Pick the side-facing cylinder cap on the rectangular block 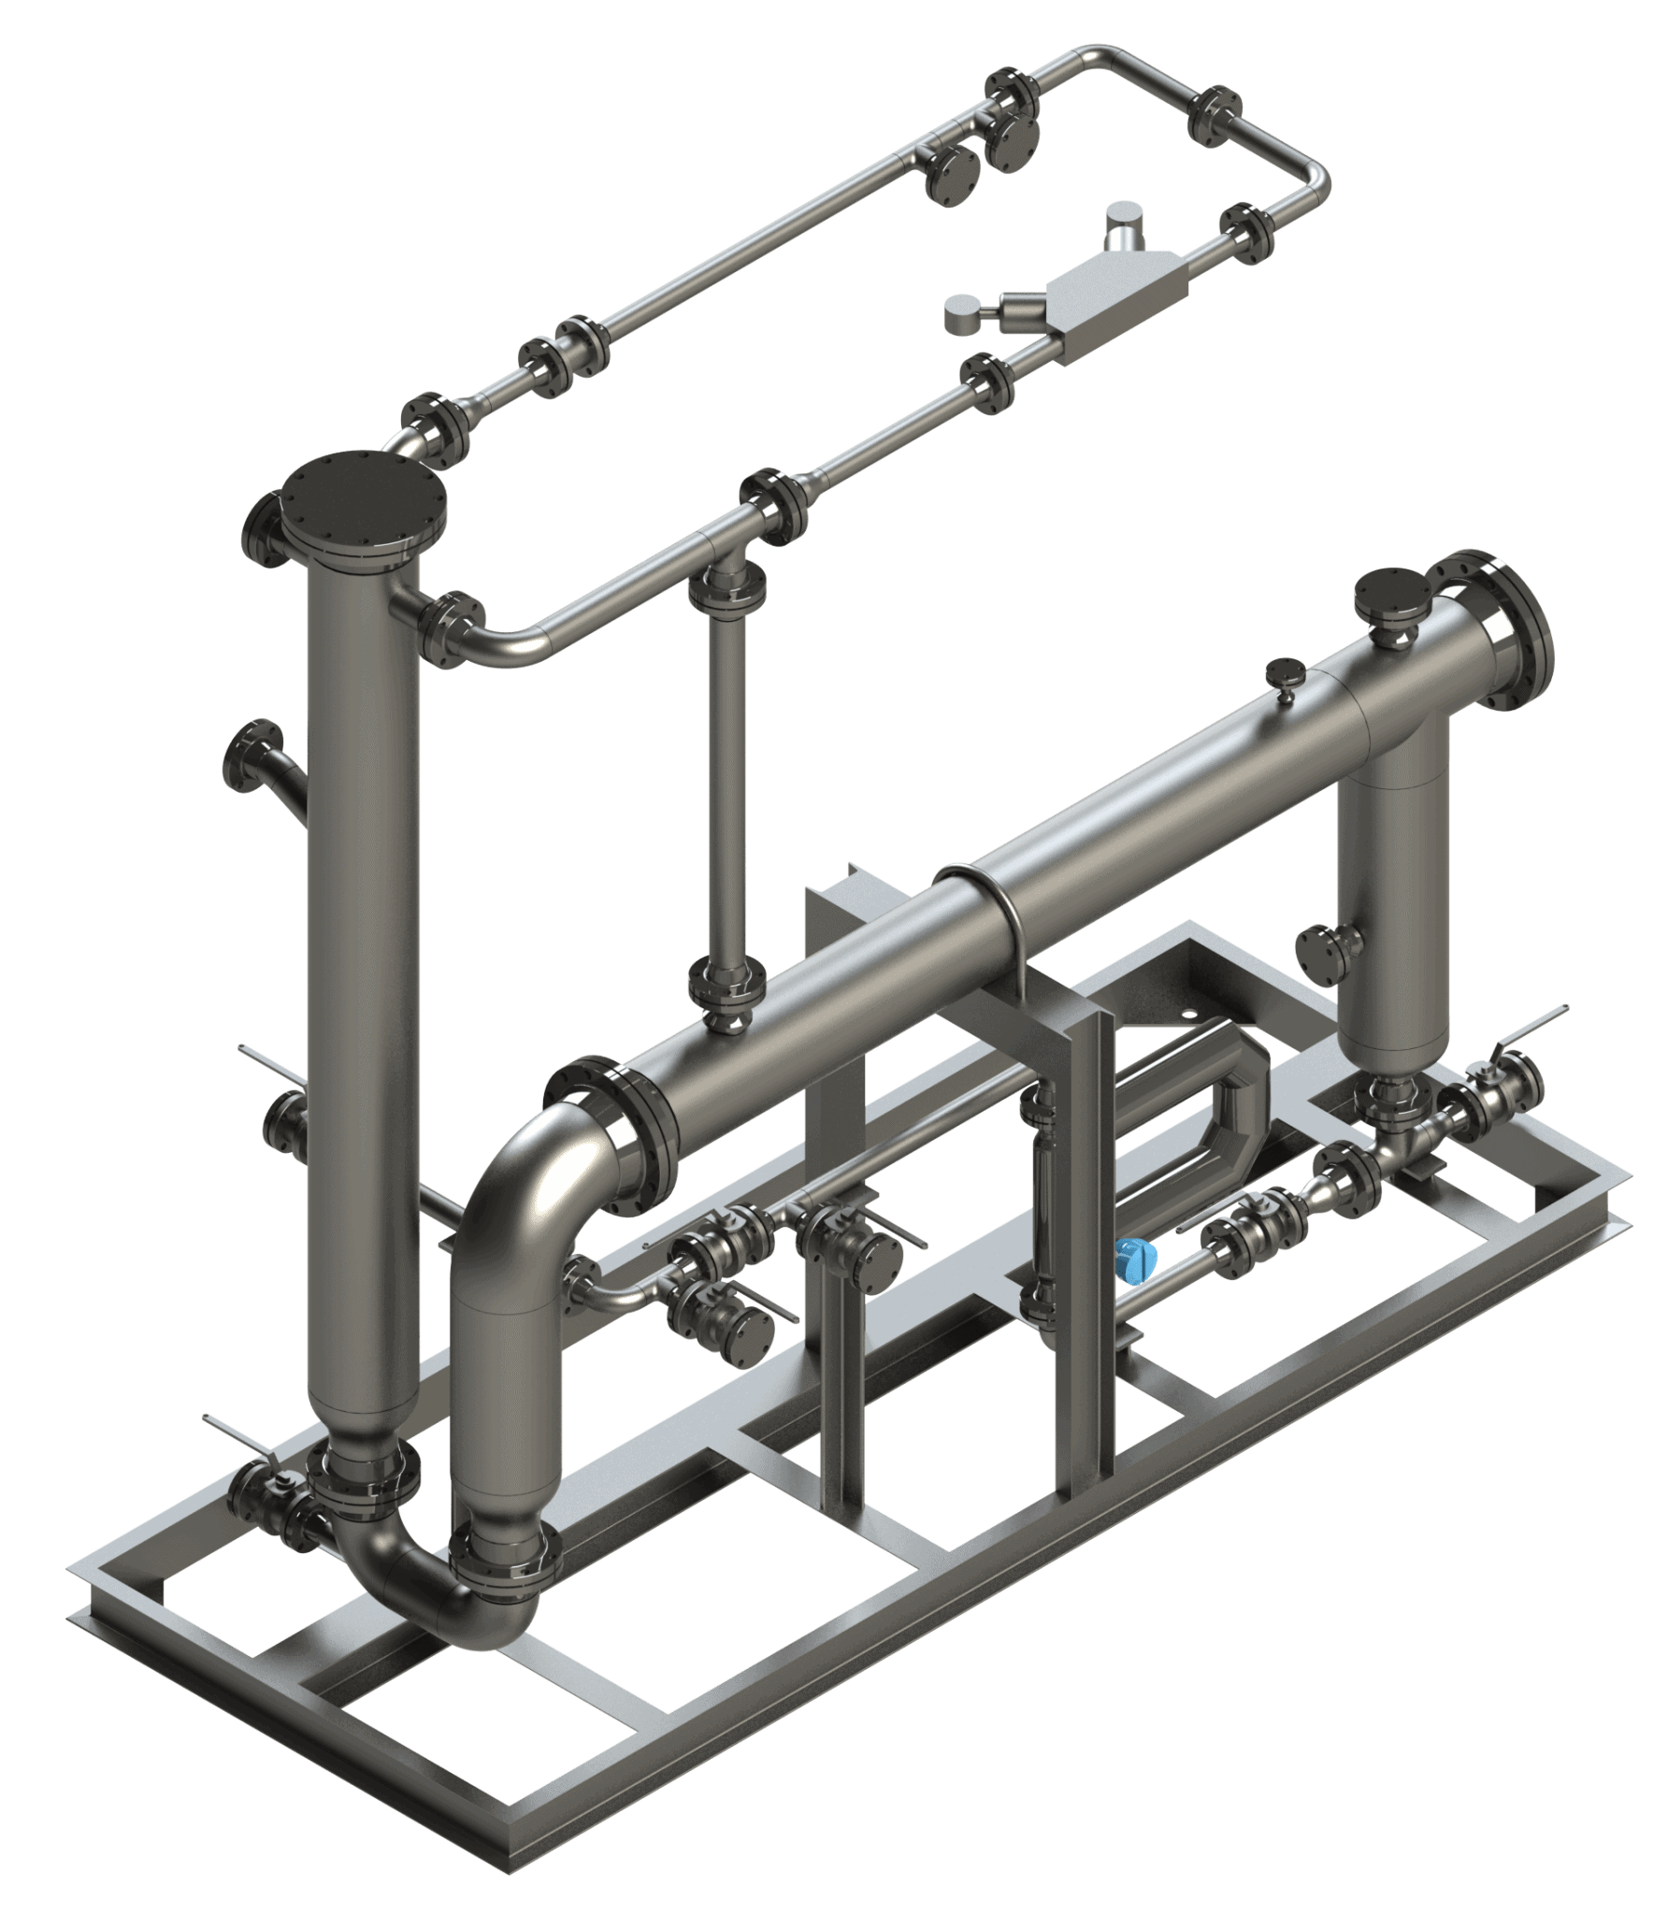(963, 312)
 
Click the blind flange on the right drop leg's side (1318, 957)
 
